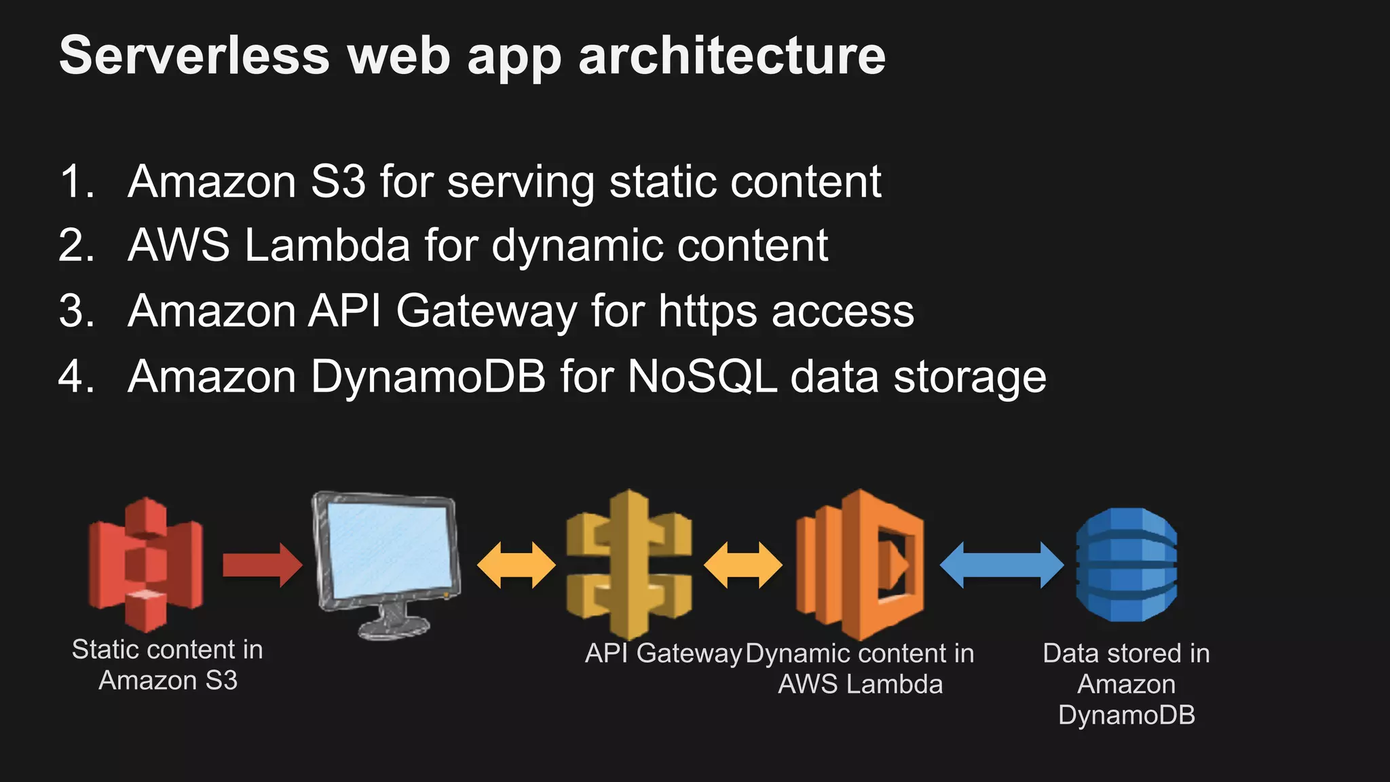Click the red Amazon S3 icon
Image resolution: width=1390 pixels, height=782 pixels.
145,563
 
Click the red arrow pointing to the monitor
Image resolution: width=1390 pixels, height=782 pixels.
262,565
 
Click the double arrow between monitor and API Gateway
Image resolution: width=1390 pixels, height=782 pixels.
516,565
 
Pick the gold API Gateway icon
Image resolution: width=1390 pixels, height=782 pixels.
629,563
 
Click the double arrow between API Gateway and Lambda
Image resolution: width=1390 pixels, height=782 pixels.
743,565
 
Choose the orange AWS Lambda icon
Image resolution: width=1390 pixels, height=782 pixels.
861,563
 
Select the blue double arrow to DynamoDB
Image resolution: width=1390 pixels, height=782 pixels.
1001,565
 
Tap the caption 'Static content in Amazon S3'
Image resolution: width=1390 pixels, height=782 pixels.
168,665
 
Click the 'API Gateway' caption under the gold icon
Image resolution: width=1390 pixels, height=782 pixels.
663,653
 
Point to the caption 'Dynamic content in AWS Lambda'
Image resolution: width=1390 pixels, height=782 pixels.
860,669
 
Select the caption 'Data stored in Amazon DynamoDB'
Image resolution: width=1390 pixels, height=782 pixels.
1127,684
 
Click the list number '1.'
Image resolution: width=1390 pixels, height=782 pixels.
76,182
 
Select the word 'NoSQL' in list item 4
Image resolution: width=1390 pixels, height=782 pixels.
702,377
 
